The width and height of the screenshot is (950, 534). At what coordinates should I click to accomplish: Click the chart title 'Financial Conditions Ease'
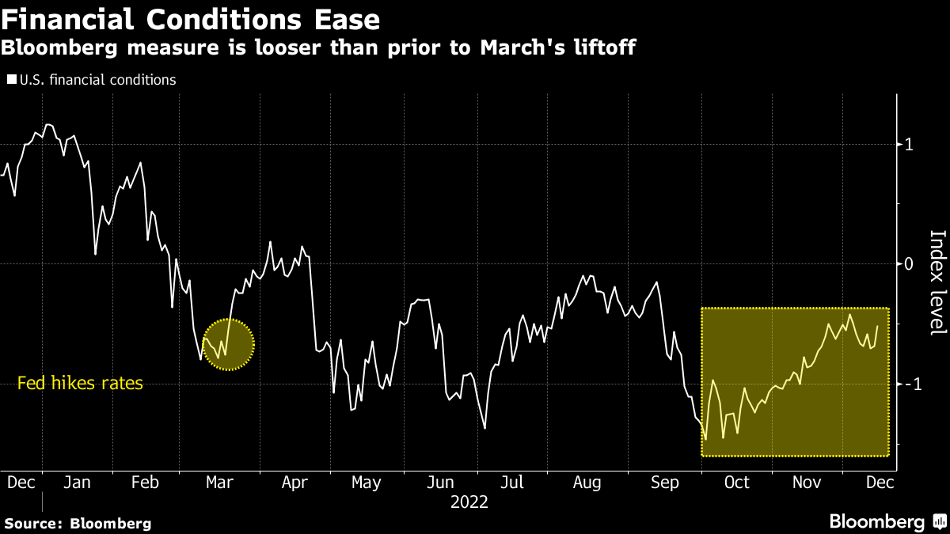[190, 18]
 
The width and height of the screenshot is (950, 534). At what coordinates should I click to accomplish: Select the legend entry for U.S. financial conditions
[92, 80]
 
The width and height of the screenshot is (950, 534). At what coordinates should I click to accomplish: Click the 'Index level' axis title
[937, 282]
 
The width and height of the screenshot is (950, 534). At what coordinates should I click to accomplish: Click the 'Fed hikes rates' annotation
[80, 384]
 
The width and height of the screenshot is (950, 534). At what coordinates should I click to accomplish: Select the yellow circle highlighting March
[228, 344]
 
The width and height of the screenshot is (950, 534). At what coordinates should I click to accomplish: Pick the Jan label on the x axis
[77, 482]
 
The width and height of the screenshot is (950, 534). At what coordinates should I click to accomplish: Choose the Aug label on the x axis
[587, 482]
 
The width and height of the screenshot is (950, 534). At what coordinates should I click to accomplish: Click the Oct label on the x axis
[736, 482]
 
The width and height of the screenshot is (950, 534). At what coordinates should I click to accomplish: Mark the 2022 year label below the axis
[469, 502]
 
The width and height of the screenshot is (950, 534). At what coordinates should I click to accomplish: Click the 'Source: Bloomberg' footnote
[78, 523]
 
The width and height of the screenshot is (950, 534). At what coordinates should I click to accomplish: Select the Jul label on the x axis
[512, 482]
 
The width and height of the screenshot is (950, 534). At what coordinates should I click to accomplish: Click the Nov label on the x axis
[806, 482]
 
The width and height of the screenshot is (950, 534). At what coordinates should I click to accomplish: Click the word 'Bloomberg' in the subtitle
[57, 47]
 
